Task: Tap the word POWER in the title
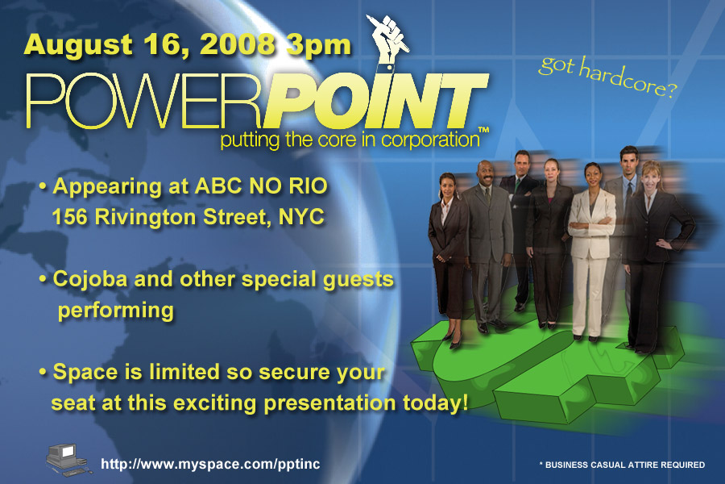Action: coord(144,101)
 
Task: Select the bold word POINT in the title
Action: coord(375,101)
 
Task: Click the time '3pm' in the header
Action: coord(318,46)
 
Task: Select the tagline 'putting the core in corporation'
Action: coord(350,140)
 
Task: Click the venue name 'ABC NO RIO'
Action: coord(261,186)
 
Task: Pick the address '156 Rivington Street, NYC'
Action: coord(188,217)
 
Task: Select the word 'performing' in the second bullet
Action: coord(115,311)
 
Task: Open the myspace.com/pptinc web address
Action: coord(210,464)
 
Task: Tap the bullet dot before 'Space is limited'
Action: coord(43,372)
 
